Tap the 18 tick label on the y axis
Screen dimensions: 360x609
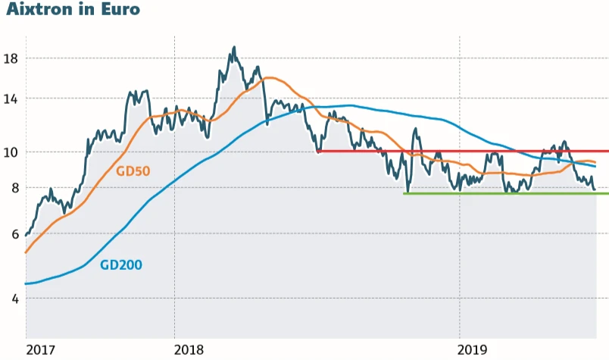(11, 58)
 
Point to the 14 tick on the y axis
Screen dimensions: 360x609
(11, 99)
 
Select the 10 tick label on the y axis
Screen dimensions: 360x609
(11, 152)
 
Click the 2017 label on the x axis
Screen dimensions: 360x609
(42, 349)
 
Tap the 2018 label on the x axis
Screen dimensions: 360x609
(190, 349)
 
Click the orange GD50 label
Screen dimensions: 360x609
(133, 171)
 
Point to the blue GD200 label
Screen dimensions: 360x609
(121, 265)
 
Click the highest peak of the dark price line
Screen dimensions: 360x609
(234, 47)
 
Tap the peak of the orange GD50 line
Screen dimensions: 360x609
(269, 77)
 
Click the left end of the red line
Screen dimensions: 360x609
(318, 151)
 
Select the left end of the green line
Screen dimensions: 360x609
(404, 193)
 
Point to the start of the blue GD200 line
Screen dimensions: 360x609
(26, 283)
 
